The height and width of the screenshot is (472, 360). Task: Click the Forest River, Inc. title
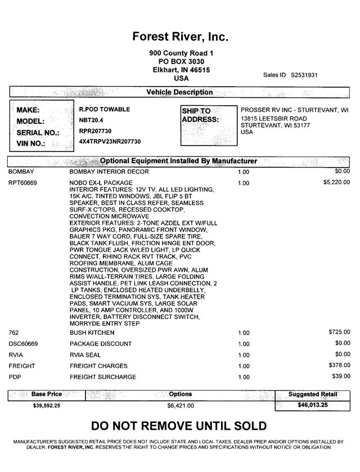coord(180,37)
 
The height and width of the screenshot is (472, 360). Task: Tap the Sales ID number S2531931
coord(304,75)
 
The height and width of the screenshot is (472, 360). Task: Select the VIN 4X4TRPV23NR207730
coord(110,142)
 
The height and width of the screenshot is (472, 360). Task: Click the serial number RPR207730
coord(96,131)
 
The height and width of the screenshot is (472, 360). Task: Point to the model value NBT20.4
coord(92,120)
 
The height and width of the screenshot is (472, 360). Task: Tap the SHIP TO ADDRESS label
coord(200,115)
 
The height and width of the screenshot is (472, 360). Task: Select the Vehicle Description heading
coord(179,92)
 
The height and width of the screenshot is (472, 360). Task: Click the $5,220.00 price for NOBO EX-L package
coord(336,182)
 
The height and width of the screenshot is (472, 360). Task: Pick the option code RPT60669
coord(23,183)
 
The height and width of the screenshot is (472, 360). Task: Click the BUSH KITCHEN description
coord(91,333)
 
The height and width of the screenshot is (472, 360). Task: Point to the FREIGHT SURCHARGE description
coord(102,376)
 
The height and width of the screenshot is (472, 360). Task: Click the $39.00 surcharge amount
coord(341,376)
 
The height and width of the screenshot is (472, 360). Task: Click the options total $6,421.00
coord(181,405)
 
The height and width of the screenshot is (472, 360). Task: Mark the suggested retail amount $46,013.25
coord(313,404)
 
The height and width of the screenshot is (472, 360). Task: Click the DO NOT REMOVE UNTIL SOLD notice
coord(179,426)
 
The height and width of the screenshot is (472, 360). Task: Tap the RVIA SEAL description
coord(85,354)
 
